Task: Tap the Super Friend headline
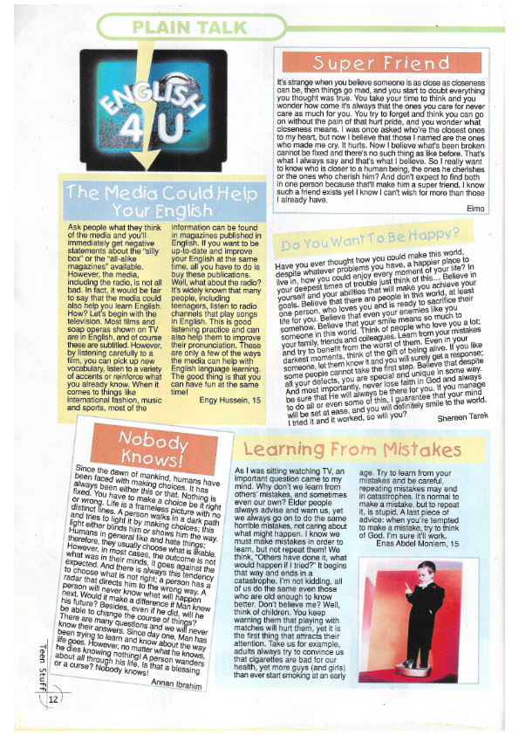coord(382,63)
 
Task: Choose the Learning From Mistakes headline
coord(352,450)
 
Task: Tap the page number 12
coord(54,698)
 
